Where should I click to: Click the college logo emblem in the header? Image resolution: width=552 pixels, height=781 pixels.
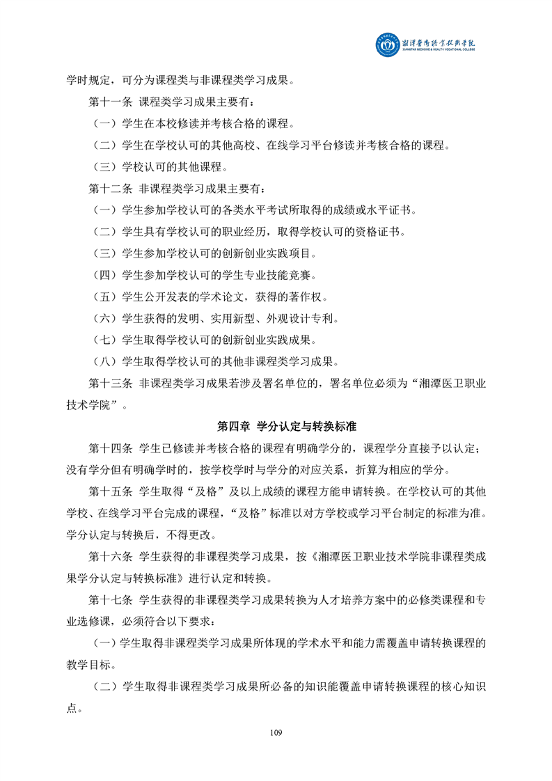pyautogui.click(x=388, y=46)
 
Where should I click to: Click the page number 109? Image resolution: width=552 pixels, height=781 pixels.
pyautogui.click(x=276, y=732)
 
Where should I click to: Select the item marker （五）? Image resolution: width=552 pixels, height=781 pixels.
pyautogui.click(x=105, y=297)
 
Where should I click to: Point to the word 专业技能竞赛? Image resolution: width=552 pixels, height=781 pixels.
pyautogui.click(x=290, y=275)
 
